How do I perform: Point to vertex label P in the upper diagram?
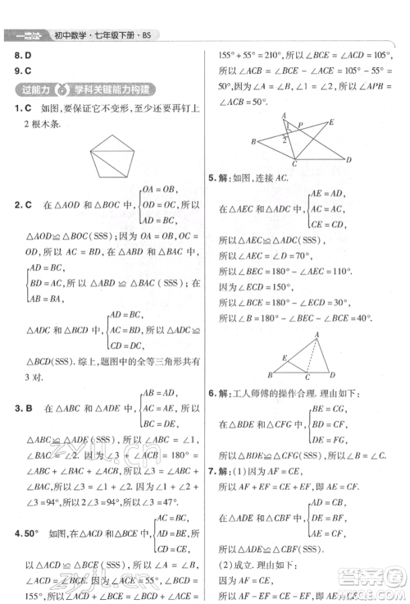point(300,125)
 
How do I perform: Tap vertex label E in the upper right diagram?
point(331,121)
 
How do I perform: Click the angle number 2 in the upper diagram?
point(285,140)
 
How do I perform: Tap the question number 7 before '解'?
point(212,471)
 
